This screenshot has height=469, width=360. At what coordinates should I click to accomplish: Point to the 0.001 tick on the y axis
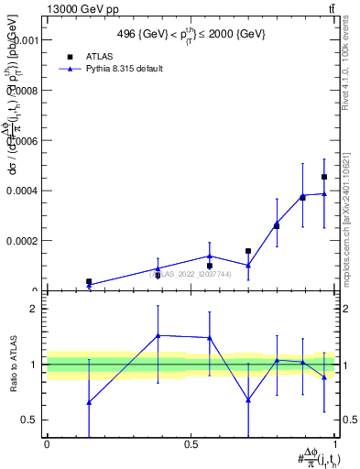pyautogui.click(x=26, y=41)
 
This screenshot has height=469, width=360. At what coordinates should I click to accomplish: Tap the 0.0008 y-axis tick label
pyautogui.click(x=22, y=92)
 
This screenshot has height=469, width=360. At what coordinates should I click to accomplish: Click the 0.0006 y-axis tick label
pyautogui.click(x=22, y=141)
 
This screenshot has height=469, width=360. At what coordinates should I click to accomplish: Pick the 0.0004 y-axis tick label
pyautogui.click(x=22, y=191)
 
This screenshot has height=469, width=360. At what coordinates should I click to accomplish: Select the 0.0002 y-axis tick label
pyautogui.click(x=22, y=241)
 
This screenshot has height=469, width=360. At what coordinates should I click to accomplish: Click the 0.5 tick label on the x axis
pyautogui.click(x=191, y=442)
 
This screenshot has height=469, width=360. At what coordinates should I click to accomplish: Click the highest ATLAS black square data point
pyautogui.click(x=324, y=177)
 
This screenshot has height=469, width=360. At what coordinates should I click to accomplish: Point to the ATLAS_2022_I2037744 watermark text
pyautogui.click(x=191, y=274)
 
